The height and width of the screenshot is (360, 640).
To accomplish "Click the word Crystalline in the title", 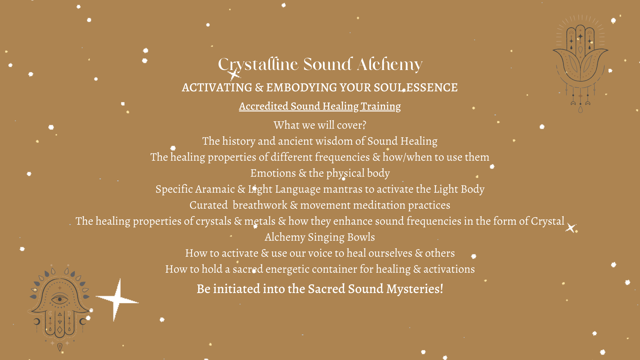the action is tap(258, 65).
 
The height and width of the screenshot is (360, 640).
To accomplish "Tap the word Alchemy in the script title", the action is tap(390, 64).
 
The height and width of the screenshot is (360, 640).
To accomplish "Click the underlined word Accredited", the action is tap(263, 106).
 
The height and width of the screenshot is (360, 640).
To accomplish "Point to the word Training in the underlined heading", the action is tap(381, 106).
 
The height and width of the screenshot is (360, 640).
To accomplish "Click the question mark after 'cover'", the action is tap(364, 125).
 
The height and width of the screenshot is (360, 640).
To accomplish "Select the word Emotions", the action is tap(273, 173).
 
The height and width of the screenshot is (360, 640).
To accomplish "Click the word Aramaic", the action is tap(215, 189).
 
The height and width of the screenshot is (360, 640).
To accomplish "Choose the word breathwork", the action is tap(260, 205).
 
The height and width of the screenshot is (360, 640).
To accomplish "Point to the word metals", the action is tap(260, 221).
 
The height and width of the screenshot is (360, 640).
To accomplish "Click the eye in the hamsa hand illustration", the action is tap(60, 299).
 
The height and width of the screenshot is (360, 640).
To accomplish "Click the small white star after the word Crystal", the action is tap(571, 228).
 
